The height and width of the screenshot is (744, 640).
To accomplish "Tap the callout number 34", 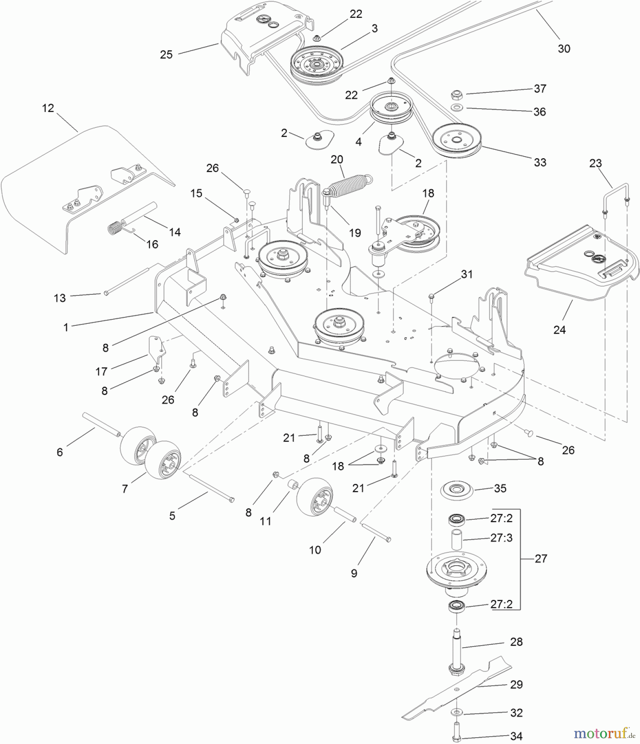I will click(x=516, y=736).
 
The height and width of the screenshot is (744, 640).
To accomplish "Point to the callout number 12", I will click(x=48, y=108).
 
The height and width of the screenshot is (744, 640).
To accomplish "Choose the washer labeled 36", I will click(x=456, y=108).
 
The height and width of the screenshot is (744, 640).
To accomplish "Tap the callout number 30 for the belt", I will click(x=564, y=49).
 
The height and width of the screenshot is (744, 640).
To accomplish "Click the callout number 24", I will click(x=559, y=330).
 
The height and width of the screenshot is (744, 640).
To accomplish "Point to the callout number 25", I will click(x=166, y=55).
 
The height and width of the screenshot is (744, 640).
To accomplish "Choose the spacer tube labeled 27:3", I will click(x=456, y=539).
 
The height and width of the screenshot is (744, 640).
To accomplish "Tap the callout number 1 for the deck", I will click(x=66, y=327).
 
